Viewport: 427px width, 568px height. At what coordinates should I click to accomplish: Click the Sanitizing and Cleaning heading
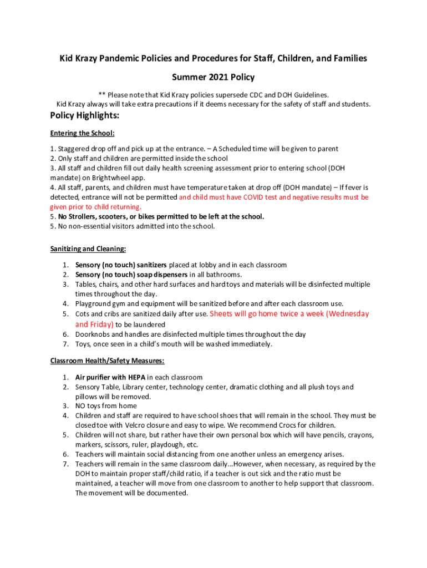88,249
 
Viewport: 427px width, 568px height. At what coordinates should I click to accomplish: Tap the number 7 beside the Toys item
65,344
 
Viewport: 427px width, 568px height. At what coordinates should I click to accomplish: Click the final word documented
165,493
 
